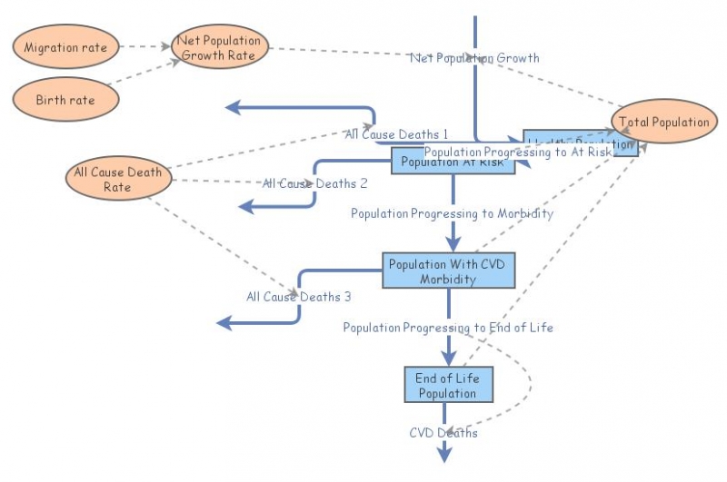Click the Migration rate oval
[65, 47]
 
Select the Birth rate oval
[65, 100]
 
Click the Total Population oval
[663, 122]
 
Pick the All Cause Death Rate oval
[119, 180]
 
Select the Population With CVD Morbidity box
[448, 271]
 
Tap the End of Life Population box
[447, 385]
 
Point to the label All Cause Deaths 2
[314, 183]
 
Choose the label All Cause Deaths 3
[298, 296]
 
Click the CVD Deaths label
[443, 433]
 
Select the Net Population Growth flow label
[474, 58]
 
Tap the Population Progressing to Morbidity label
[452, 214]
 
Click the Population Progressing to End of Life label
[448, 327]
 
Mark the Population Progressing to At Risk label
[518, 152]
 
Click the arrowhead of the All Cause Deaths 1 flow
[232, 108]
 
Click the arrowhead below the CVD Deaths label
[444, 456]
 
